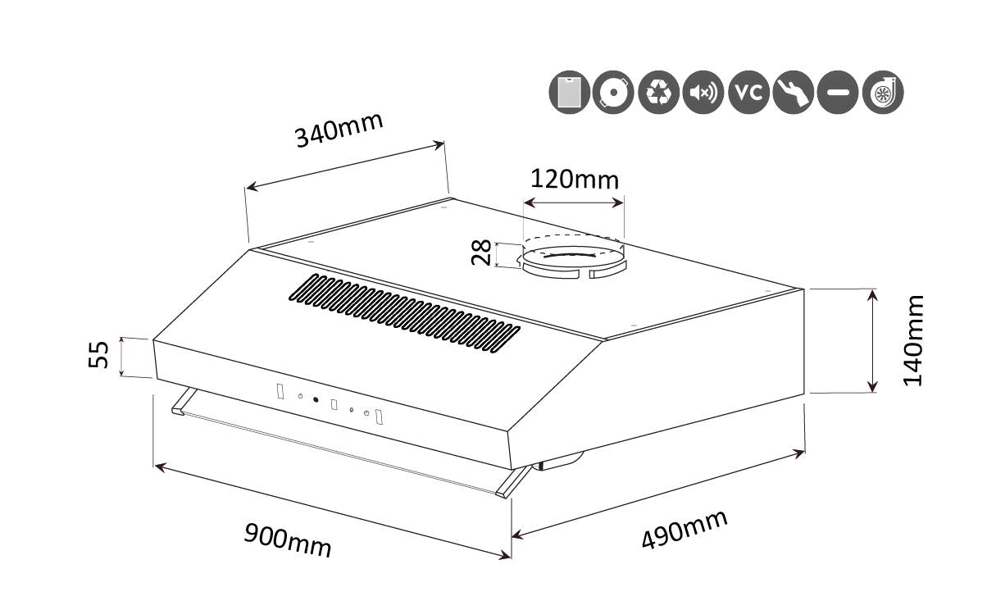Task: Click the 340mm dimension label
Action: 339,130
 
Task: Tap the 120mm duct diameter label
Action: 575,180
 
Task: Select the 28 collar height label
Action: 480,252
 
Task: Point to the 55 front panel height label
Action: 98,354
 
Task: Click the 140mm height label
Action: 913,341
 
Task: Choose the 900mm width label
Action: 287,540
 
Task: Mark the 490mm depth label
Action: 685,530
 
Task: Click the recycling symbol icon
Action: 659,93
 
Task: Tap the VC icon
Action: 748,93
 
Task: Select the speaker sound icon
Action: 703,93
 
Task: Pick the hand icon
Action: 794,93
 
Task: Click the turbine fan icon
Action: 883,93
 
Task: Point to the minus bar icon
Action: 838,93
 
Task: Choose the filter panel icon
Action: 569,93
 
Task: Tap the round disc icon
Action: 613,93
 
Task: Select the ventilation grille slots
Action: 404,313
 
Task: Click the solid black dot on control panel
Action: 316,400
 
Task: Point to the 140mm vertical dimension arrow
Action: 871,341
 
